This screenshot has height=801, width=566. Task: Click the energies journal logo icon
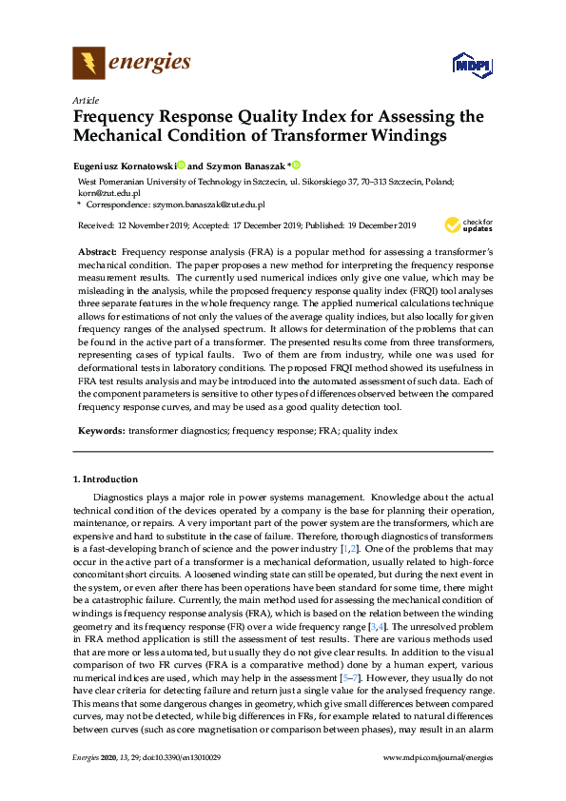(x=88, y=64)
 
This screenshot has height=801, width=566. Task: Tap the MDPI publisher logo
(x=473, y=65)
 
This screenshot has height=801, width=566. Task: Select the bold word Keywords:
(x=100, y=431)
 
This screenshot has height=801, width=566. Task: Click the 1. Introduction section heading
(x=105, y=479)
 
